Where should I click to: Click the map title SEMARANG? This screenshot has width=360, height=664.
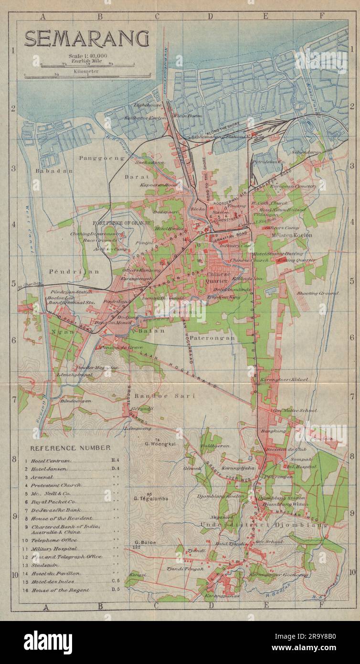(x=87, y=39)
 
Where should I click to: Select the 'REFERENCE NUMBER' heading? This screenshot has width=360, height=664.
(x=70, y=448)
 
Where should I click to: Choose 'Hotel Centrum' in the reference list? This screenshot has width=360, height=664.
(x=51, y=461)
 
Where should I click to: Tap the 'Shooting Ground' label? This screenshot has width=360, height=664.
(x=318, y=293)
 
